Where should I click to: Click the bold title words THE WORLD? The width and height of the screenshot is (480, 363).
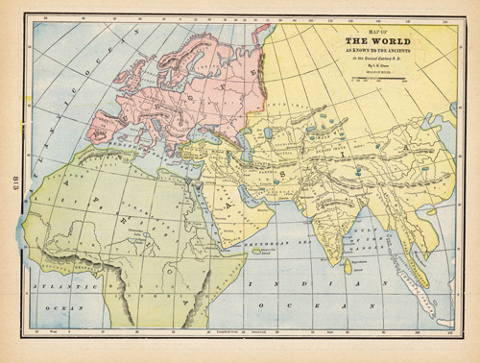click(x=369, y=42)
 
